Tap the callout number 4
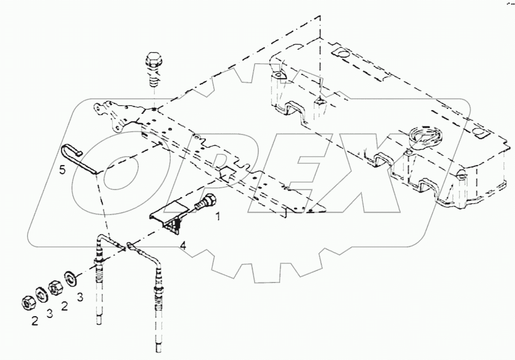click(182, 246)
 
